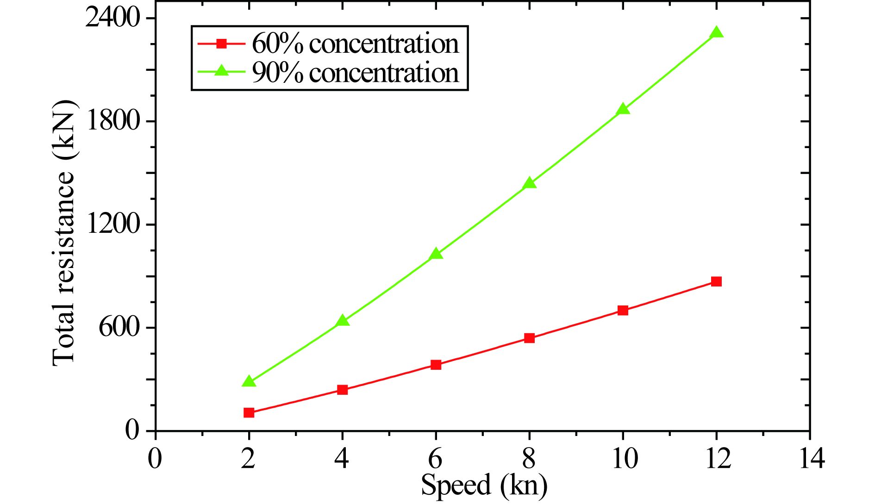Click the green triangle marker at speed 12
(x=716, y=32)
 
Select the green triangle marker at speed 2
(x=249, y=381)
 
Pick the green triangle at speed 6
(x=436, y=254)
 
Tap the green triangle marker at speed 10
(x=623, y=109)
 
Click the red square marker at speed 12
(x=716, y=281)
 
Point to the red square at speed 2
(x=249, y=412)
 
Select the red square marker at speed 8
(x=530, y=338)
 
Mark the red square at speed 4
(x=343, y=390)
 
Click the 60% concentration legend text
(x=355, y=44)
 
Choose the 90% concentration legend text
(x=355, y=73)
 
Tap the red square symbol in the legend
(x=222, y=44)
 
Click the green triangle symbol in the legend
(x=222, y=71)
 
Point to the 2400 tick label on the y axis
(x=112, y=19)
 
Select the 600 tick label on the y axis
(x=119, y=328)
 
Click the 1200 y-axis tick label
(x=112, y=224)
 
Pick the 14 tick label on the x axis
(x=810, y=459)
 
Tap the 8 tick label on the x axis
(x=529, y=459)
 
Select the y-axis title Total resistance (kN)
(x=63, y=233)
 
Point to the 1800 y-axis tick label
(x=112, y=121)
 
